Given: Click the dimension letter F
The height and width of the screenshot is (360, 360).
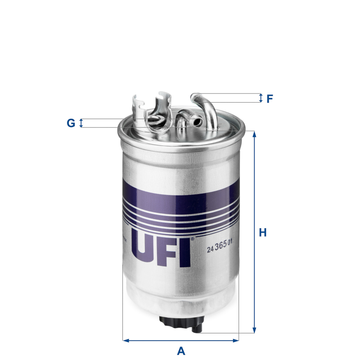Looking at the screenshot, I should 270,99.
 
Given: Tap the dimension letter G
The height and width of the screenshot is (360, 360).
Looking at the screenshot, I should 71,123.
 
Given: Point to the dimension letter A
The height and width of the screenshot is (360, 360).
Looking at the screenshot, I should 181,351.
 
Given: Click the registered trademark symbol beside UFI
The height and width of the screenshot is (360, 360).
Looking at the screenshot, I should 192,239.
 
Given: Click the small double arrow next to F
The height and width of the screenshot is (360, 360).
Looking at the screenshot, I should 261,98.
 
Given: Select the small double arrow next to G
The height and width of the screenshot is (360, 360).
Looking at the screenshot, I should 81,123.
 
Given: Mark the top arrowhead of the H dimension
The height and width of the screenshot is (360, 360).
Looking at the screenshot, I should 254,134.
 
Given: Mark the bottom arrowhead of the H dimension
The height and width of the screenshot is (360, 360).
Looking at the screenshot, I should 254,331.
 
